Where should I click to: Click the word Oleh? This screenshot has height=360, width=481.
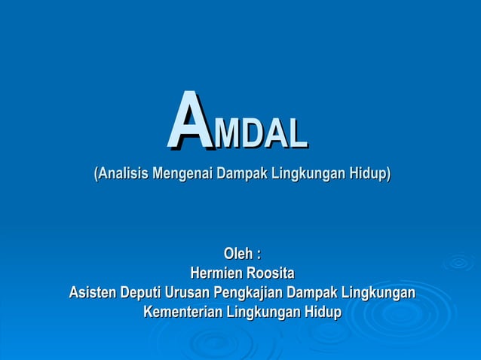237,254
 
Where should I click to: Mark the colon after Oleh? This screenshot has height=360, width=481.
258,255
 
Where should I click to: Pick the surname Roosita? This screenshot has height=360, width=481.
268,273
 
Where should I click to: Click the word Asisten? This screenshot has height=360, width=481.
93,292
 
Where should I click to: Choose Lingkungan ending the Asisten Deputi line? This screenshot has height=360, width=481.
379,292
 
